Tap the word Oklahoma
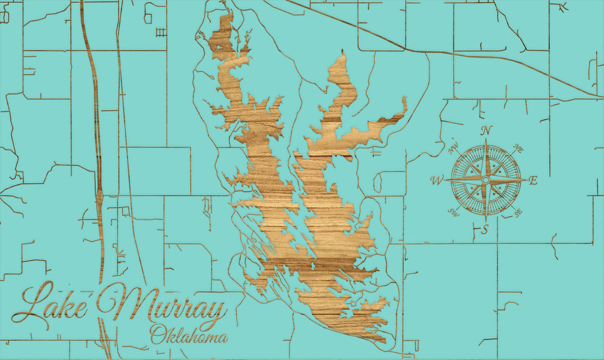(x=189, y=335)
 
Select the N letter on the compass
(x=487, y=130)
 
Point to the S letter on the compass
(x=485, y=229)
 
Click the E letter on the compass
(x=533, y=180)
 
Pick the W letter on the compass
(x=437, y=181)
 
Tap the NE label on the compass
(x=518, y=150)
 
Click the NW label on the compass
(x=454, y=149)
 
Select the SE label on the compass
(x=517, y=213)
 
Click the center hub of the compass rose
(x=485, y=180)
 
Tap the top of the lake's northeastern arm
(x=342, y=53)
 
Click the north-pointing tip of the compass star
(x=485, y=140)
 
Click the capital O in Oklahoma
(x=158, y=334)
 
